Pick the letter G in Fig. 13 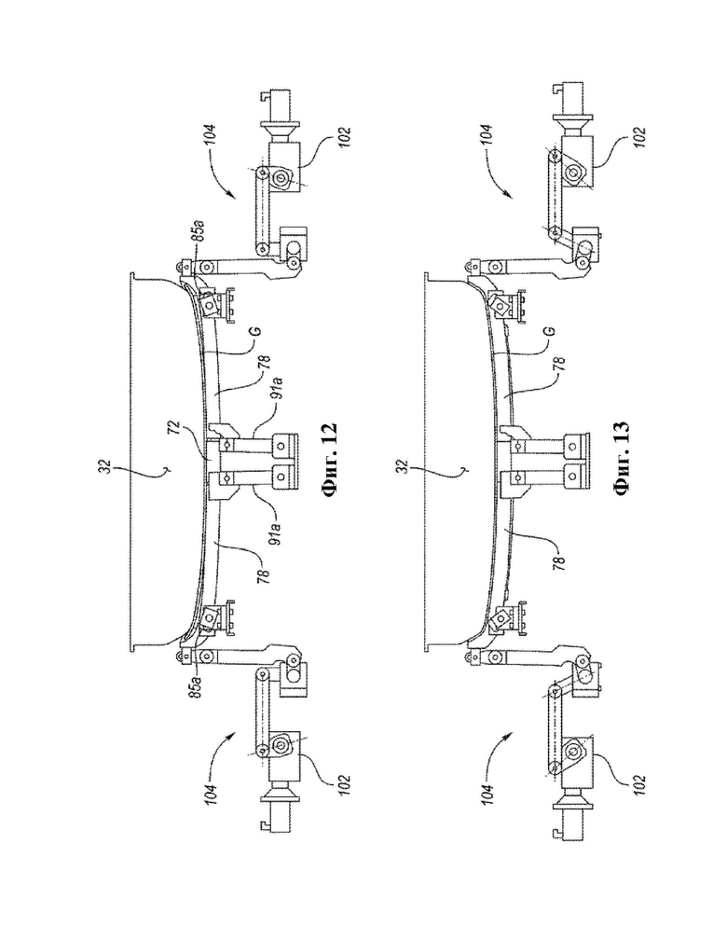coord(549,330)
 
